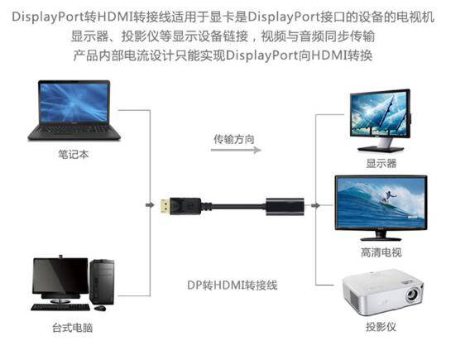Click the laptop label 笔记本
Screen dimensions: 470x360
(x=74, y=155)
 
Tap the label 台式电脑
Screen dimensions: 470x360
(x=73, y=328)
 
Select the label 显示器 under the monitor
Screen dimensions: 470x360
(x=381, y=163)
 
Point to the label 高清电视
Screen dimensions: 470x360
(x=381, y=252)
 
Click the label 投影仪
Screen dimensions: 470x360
(x=381, y=326)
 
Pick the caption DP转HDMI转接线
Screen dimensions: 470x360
(x=233, y=285)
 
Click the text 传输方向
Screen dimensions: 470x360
(x=234, y=139)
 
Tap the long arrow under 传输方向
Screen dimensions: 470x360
(x=236, y=150)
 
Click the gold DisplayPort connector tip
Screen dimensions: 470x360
(x=165, y=206)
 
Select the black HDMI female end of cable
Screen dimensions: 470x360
(x=285, y=206)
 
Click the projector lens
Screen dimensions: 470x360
(x=412, y=295)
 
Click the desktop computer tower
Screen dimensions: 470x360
(x=102, y=281)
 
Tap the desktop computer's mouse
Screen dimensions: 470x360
(x=100, y=308)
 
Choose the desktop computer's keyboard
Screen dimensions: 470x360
(x=60, y=307)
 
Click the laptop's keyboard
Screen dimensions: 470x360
(x=74, y=129)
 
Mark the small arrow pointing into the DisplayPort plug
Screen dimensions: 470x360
(x=150, y=205)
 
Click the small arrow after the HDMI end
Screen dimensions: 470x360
(x=315, y=205)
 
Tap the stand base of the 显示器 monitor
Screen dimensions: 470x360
(x=381, y=149)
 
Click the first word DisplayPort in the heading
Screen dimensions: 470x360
(x=48, y=17)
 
